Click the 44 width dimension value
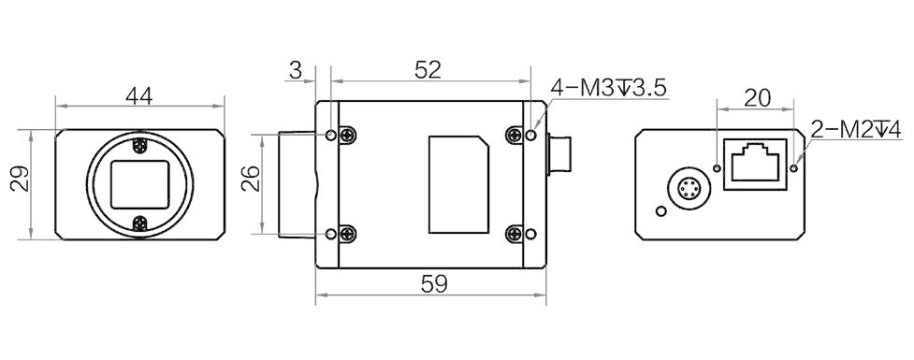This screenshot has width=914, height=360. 139,96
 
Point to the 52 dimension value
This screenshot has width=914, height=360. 428,70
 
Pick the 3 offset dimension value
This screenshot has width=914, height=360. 296,70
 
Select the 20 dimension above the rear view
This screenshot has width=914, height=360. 758,98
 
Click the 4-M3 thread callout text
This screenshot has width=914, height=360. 607,88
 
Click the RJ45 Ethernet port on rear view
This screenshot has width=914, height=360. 756,165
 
